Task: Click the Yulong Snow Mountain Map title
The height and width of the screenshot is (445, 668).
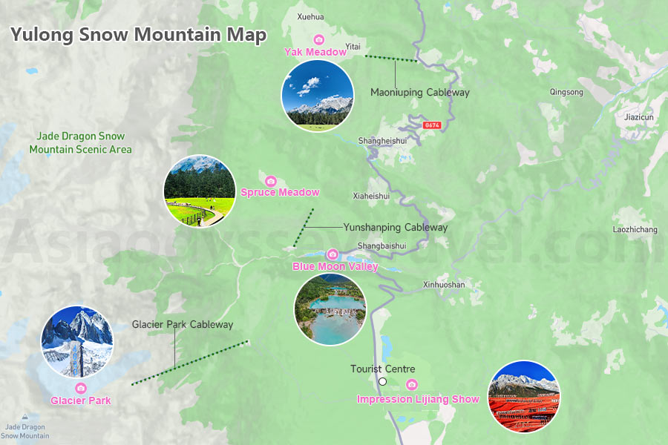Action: (x=138, y=36)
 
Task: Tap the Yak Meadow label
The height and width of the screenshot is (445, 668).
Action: (x=315, y=52)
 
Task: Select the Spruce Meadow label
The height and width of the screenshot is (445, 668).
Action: (x=280, y=193)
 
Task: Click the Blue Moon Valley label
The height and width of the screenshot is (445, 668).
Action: (x=335, y=266)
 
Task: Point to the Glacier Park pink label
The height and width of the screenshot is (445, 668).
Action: (x=81, y=401)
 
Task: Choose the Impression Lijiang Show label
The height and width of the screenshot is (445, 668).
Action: (x=418, y=399)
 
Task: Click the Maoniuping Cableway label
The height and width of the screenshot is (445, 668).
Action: (x=420, y=93)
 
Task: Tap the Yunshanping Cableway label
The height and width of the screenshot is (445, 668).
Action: (x=395, y=227)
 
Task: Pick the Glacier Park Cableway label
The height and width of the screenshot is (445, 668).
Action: (x=183, y=324)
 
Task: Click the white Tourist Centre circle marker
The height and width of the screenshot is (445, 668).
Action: (x=383, y=382)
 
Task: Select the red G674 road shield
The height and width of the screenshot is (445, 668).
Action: (x=432, y=125)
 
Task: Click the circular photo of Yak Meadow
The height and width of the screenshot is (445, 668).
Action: (x=317, y=96)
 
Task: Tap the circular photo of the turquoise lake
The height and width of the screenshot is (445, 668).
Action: (x=330, y=309)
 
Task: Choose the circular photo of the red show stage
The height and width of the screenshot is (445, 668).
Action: (x=523, y=397)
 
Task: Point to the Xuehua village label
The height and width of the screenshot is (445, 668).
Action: (x=310, y=16)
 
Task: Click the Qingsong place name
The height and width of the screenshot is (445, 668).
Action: (x=566, y=92)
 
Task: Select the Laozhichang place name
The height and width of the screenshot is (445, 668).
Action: (x=635, y=229)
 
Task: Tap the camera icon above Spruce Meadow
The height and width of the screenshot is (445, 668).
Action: (x=271, y=181)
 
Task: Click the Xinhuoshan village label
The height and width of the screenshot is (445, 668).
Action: (x=444, y=285)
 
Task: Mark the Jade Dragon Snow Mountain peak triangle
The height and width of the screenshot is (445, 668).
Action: (x=25, y=417)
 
